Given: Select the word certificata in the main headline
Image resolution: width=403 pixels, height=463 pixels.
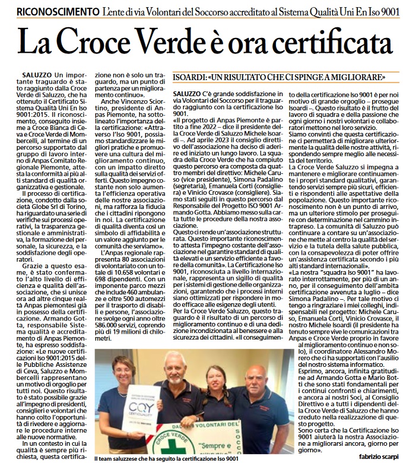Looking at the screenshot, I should (x=322, y=43).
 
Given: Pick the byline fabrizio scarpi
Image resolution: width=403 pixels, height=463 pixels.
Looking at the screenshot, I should (x=377, y=456).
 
